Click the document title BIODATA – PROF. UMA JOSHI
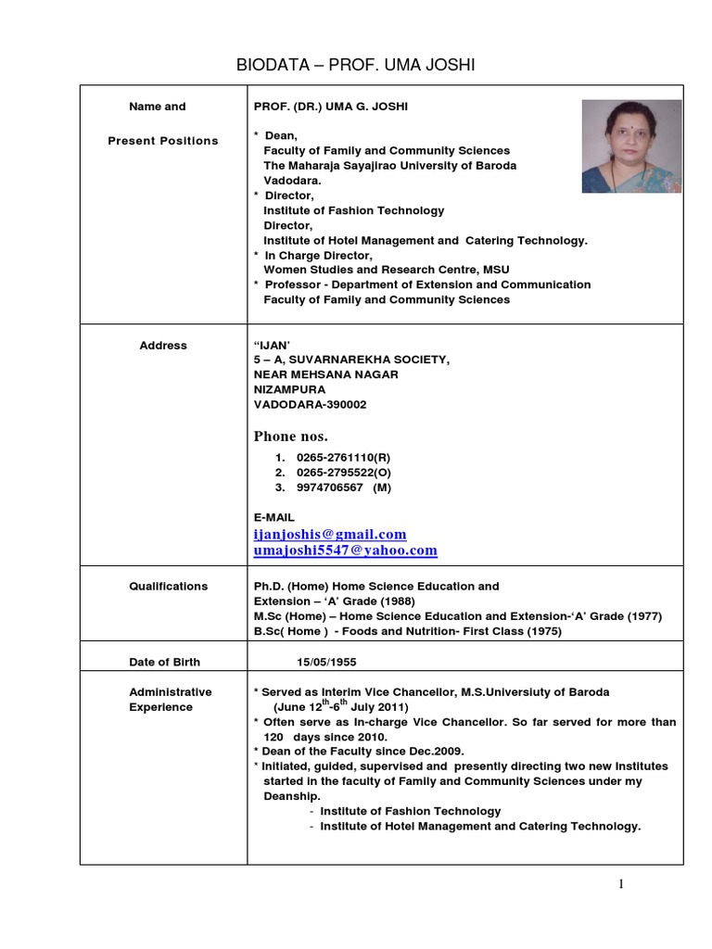coord(357,64)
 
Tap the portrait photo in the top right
coord(631,146)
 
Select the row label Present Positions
coord(163,141)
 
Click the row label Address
coord(163,346)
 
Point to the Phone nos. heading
coord(291,437)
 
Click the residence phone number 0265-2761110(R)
coord(345,459)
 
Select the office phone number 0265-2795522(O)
coord(345,474)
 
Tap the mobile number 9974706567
coord(331,488)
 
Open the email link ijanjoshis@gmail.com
coord(330,535)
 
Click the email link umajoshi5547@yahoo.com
coord(345,550)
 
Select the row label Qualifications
coord(168,587)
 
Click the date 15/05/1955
coord(326,663)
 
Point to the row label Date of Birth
coord(164,663)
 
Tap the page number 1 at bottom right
coord(621,884)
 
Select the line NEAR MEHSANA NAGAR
coord(325,375)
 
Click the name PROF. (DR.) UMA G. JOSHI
coord(330,107)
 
